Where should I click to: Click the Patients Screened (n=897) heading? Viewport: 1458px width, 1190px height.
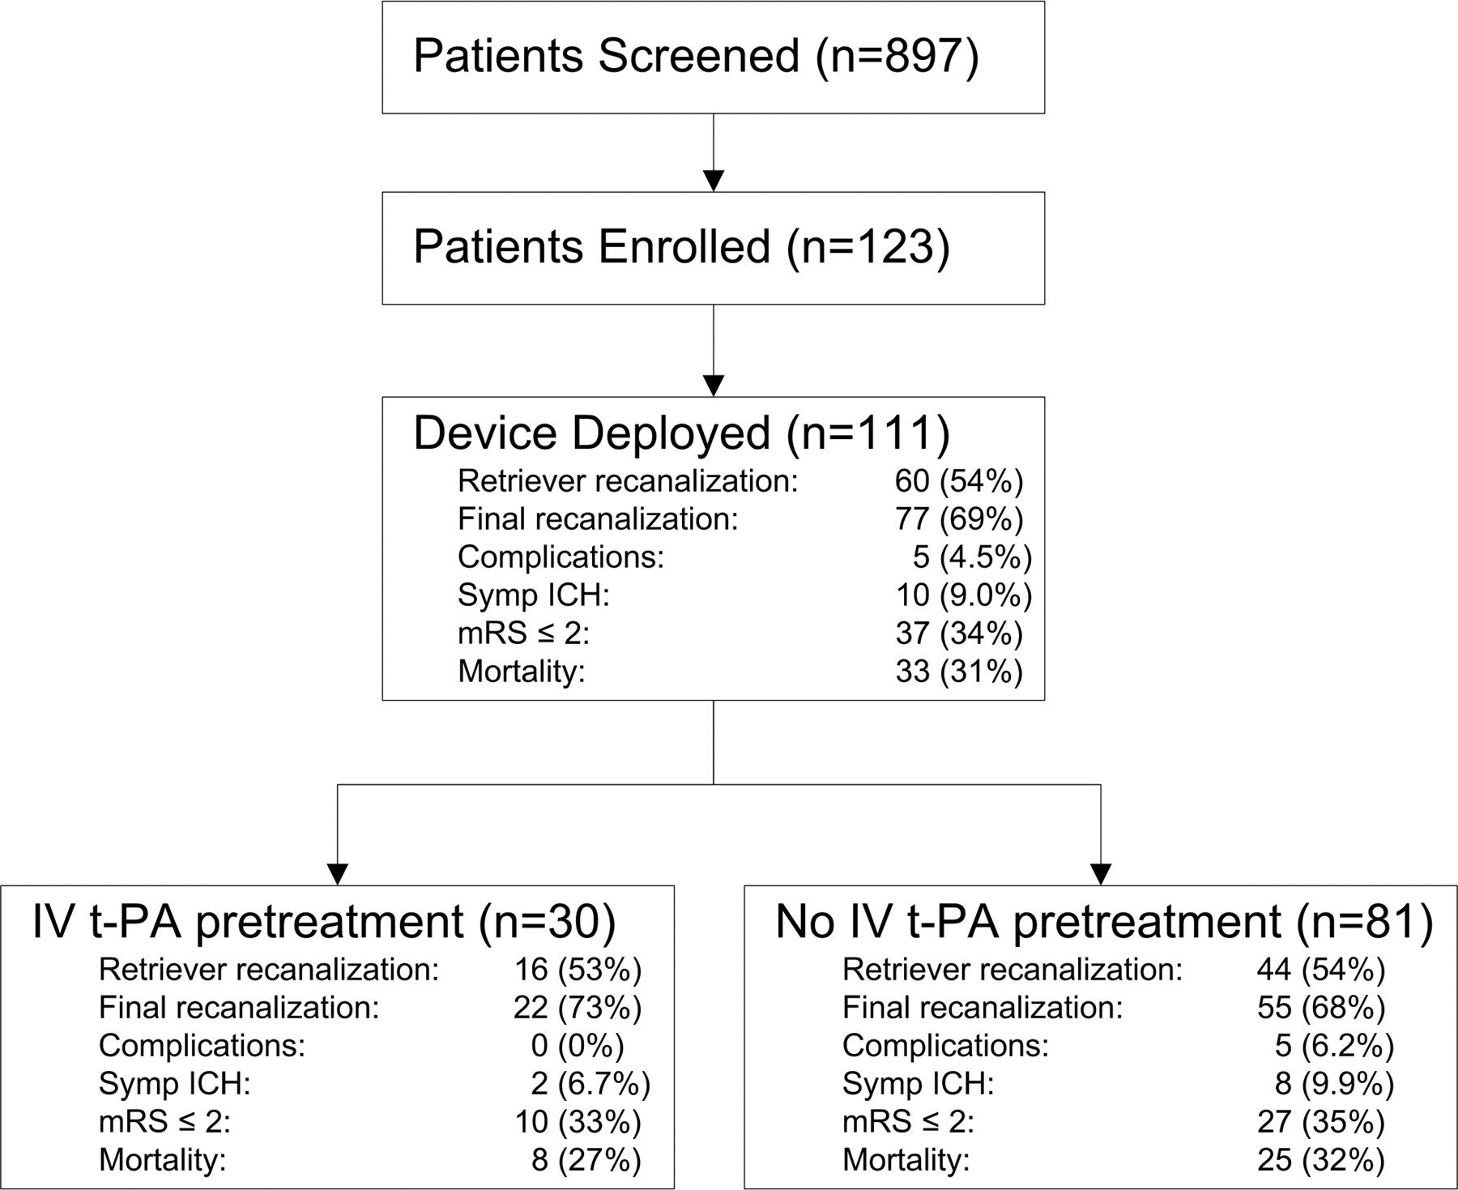click(x=696, y=57)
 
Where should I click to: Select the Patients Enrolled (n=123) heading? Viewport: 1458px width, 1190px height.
click(x=681, y=246)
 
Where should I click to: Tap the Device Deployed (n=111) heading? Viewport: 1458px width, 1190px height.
click(x=681, y=433)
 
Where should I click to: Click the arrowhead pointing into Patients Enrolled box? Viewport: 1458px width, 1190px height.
click(x=714, y=181)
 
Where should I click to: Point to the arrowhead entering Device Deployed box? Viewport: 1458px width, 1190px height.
click(x=714, y=386)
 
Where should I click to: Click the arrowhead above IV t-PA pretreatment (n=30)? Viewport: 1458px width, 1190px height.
click(x=337, y=875)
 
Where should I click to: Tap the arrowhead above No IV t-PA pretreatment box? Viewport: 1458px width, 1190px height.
click(x=1101, y=875)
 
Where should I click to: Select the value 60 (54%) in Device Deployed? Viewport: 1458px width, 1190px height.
click(x=959, y=481)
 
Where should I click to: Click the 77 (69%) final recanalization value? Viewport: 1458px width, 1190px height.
click(x=959, y=519)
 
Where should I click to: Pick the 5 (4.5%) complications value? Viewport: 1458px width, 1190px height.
click(x=972, y=557)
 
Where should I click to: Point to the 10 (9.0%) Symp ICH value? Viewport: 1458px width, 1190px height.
click(x=964, y=595)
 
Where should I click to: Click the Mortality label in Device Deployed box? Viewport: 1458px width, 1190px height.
click(x=521, y=672)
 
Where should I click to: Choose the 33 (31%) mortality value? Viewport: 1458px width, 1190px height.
click(x=959, y=672)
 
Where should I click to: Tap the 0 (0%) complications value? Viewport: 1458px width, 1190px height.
click(x=578, y=1046)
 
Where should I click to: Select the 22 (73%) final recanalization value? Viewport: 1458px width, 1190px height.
click(x=578, y=1008)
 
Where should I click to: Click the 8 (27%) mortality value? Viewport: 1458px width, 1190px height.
click(x=586, y=1160)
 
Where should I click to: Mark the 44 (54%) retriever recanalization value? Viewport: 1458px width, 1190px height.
click(x=1321, y=970)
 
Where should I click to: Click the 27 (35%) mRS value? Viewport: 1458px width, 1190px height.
click(x=1321, y=1122)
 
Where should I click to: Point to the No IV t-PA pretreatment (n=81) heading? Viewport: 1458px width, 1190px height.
click(x=1105, y=922)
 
